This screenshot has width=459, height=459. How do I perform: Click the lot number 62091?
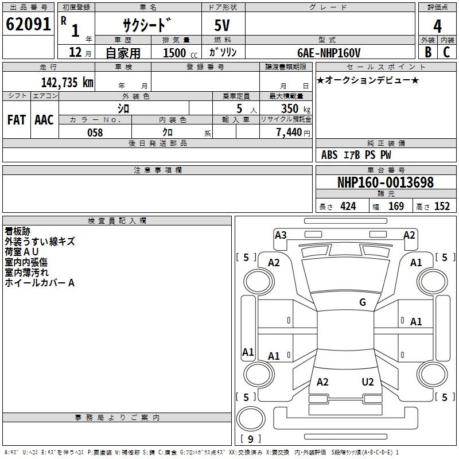(x=29, y=25)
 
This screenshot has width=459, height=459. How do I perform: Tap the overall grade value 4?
(x=437, y=26)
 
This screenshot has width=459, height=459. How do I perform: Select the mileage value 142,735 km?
(x=67, y=82)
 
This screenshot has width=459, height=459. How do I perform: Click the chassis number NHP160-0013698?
(x=385, y=182)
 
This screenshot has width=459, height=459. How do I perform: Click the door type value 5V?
(x=223, y=26)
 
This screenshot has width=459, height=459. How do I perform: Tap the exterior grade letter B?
(x=427, y=52)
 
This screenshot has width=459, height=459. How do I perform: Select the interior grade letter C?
(x=446, y=52)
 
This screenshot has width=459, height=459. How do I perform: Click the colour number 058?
(x=95, y=133)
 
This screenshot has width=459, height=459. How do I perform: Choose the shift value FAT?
(x=17, y=120)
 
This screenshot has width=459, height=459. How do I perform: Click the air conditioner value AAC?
(x=44, y=120)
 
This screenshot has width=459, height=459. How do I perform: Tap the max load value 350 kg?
(x=296, y=108)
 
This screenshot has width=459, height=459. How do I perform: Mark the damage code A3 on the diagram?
(x=281, y=235)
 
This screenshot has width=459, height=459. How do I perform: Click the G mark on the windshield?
(x=363, y=302)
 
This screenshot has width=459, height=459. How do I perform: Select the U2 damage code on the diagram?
(x=368, y=382)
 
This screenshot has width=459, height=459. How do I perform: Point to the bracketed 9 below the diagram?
(x=250, y=439)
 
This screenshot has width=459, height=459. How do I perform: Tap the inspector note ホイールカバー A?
(x=40, y=283)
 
